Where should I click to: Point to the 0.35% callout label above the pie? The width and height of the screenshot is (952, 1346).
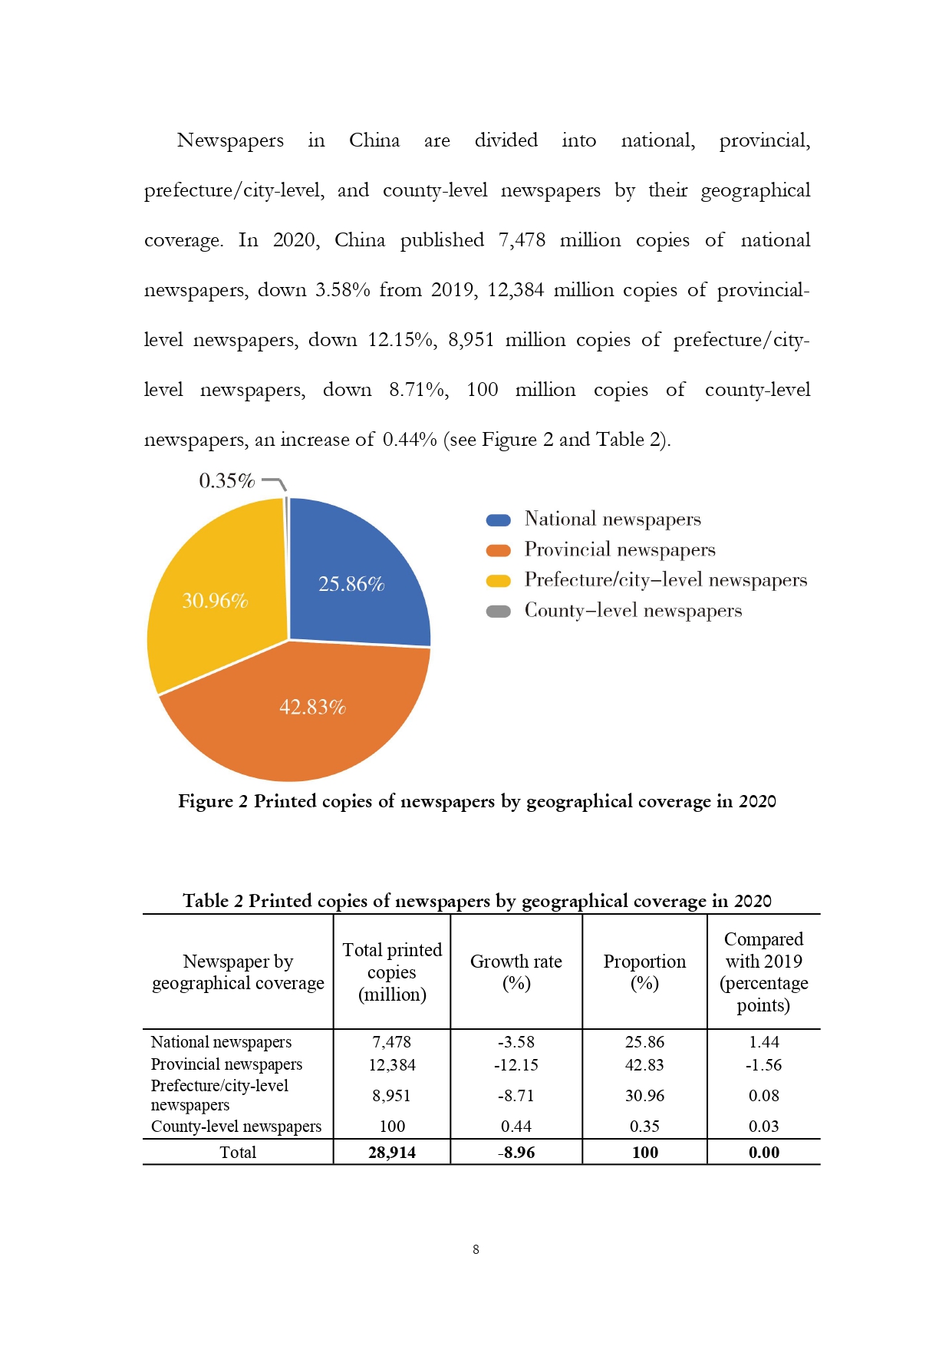(226, 480)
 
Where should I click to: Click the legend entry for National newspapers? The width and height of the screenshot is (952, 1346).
(612, 520)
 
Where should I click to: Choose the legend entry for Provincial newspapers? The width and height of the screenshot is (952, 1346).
(619, 549)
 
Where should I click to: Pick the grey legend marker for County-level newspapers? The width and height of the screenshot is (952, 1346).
(499, 611)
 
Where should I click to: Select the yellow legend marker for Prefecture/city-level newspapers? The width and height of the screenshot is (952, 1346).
(499, 581)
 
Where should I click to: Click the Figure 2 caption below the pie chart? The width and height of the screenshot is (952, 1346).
(476, 801)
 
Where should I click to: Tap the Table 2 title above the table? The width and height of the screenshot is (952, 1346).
(476, 900)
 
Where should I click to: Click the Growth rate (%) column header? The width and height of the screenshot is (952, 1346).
(516, 972)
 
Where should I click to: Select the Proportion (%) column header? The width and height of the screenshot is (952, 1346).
(644, 972)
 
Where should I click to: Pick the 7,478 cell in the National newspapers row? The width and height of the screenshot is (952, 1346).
(391, 1042)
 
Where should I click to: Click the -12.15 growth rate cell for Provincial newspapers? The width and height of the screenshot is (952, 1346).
(516, 1065)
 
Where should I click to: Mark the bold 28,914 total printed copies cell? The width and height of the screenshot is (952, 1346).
(391, 1153)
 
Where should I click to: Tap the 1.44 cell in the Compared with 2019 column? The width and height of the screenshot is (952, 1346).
(763, 1042)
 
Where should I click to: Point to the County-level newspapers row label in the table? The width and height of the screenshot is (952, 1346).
(236, 1127)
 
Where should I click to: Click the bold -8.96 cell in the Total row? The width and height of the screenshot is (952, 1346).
(516, 1153)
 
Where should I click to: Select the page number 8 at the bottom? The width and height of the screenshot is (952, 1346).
(476, 1250)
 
